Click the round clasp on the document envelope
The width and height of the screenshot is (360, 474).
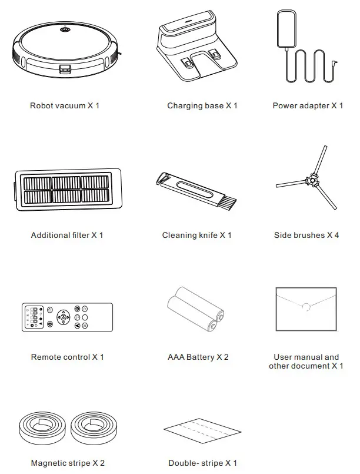click(x=306, y=307)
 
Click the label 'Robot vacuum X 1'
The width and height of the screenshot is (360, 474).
click(x=64, y=106)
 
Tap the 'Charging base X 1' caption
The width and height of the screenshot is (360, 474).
click(x=202, y=106)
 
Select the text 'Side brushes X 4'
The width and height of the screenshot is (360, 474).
click(x=306, y=236)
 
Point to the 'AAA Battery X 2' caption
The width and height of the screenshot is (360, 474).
click(x=198, y=357)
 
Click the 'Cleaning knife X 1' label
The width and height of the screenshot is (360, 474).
click(x=196, y=236)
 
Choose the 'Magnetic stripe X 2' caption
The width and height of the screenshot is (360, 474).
click(x=68, y=463)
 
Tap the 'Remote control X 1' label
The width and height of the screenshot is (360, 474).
click(x=67, y=357)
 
